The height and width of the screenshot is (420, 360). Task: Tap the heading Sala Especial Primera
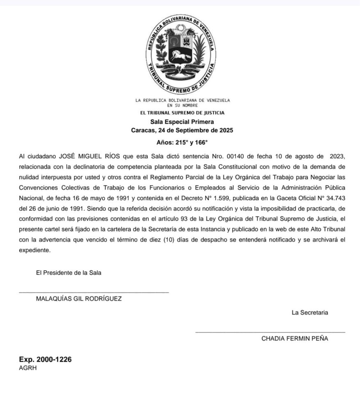click(x=182, y=121)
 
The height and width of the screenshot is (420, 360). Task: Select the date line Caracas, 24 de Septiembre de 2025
click(x=182, y=130)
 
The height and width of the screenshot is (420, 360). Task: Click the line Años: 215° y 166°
click(x=182, y=143)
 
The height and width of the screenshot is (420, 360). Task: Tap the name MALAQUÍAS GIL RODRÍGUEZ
click(x=79, y=299)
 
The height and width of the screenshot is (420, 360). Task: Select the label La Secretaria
click(x=310, y=313)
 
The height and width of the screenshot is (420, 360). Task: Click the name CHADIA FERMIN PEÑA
click(x=294, y=338)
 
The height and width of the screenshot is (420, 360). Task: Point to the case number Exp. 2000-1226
click(x=45, y=359)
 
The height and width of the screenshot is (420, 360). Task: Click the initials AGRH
click(x=28, y=368)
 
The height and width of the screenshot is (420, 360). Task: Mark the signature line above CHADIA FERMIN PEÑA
click(x=270, y=332)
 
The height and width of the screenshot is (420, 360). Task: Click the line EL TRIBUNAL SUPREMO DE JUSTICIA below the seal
click(x=182, y=113)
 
